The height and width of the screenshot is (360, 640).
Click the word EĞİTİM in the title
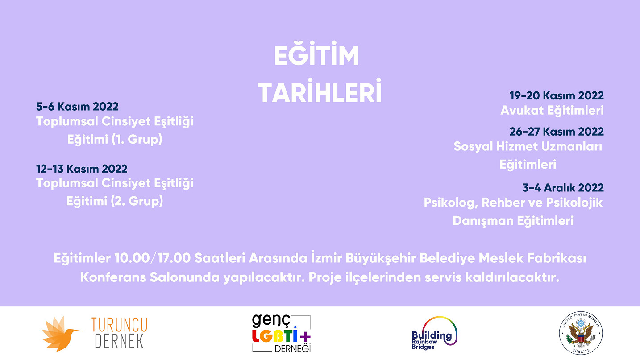(x=316, y=57)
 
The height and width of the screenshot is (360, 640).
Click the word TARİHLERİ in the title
(x=320, y=92)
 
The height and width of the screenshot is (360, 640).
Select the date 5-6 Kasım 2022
(x=77, y=107)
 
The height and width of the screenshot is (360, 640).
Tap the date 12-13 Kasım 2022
(x=82, y=169)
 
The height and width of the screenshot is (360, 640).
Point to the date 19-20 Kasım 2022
(x=557, y=95)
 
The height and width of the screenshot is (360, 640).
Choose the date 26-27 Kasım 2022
(x=557, y=132)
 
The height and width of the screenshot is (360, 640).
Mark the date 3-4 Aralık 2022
(x=563, y=188)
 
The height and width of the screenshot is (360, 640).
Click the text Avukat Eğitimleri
(x=552, y=110)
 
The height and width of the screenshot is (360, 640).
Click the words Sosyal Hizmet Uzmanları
(x=528, y=146)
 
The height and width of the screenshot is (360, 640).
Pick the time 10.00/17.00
(x=154, y=258)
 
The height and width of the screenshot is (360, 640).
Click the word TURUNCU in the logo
(x=119, y=325)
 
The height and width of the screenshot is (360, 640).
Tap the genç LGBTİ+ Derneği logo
(x=281, y=333)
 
